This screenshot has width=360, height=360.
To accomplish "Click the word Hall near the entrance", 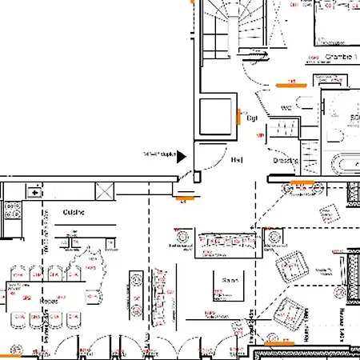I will [237, 160].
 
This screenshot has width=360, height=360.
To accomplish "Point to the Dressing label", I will [286, 161].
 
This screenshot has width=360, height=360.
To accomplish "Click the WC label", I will [286, 108].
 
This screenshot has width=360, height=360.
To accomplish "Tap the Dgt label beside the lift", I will [250, 118].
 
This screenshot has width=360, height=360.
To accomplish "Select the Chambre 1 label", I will [341, 56].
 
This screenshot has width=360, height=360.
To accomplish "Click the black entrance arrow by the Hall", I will [182, 156].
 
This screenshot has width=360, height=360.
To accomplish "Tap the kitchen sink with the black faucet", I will [36, 191].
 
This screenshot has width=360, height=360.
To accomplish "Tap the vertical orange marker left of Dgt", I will [238, 118].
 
